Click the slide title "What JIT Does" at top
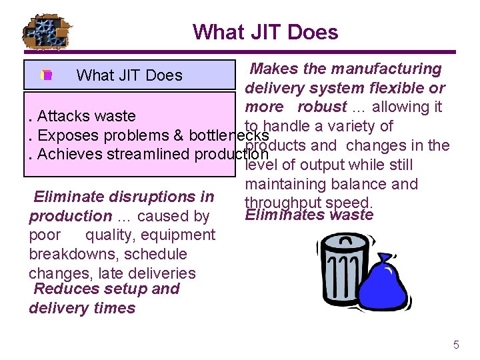tap(265, 31)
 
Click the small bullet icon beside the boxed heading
tap(46, 75)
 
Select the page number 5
tap(456, 345)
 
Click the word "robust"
tap(322, 107)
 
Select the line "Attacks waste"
tap(87, 117)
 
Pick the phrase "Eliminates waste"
tap(309, 215)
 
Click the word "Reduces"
tap(62, 289)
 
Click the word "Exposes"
tap(65, 135)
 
